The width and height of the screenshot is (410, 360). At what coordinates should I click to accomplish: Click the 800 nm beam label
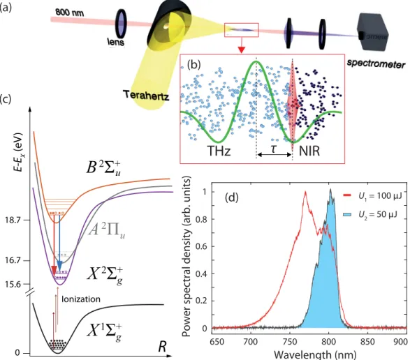coord(70,12)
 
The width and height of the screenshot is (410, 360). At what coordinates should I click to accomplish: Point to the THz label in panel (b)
coord(219,151)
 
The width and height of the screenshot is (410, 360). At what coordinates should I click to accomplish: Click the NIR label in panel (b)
coord(309,151)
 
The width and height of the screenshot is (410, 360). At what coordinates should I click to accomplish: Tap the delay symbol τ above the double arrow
coord(274,148)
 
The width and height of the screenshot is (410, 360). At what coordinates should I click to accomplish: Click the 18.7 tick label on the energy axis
coord(13,220)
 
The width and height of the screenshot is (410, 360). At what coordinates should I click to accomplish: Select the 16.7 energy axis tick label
coord(13,261)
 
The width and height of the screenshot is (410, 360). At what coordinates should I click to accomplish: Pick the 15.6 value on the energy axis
coord(13,284)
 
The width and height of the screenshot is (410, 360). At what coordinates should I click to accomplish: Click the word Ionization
coord(81,299)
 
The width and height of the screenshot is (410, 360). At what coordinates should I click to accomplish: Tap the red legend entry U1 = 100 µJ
coord(372,195)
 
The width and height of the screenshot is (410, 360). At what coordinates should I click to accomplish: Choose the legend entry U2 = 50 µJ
coord(370,214)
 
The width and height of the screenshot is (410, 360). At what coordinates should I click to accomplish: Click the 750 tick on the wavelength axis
coord(290,341)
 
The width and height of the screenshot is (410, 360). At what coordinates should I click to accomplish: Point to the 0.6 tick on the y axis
coord(203,246)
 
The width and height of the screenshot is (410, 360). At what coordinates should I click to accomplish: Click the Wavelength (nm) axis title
coord(315,355)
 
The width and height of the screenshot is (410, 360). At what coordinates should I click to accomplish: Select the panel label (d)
coord(232,197)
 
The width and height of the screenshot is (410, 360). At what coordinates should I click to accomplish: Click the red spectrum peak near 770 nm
coord(305,192)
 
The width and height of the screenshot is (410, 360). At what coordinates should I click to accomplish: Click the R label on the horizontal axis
coord(162,347)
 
